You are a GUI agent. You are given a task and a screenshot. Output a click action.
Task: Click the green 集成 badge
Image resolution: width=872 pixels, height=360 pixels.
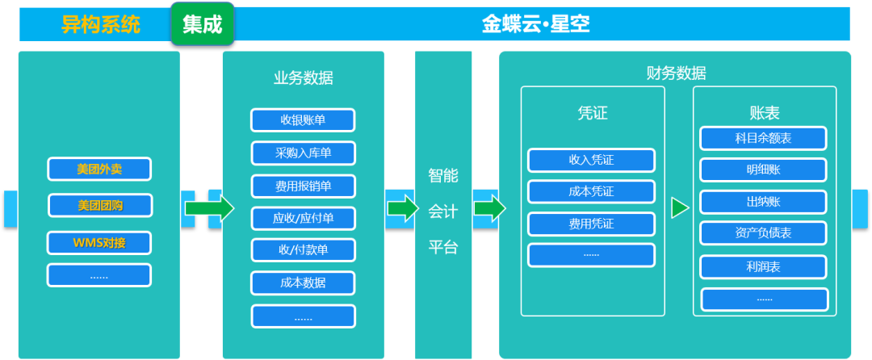(x=202, y=24)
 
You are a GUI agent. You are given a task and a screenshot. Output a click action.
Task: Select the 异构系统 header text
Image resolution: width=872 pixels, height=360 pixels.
(x=101, y=24)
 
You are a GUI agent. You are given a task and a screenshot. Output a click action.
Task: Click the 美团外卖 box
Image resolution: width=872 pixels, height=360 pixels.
(x=99, y=170)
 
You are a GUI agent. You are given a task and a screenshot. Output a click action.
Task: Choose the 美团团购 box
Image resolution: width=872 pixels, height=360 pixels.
(x=99, y=205)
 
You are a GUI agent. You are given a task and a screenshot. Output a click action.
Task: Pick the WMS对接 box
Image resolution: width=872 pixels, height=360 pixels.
(x=99, y=242)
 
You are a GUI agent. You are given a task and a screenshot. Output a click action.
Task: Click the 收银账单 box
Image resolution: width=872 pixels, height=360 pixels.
(x=303, y=119)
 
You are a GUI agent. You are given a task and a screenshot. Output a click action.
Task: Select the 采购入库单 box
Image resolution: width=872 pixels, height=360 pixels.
(x=303, y=153)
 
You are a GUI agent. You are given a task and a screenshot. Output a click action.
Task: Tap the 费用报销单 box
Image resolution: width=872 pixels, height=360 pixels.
(x=303, y=186)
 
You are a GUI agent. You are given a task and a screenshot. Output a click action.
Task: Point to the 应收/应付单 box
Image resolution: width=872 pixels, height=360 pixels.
(x=303, y=217)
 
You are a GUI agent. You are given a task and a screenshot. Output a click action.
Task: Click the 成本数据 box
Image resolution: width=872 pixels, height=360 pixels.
(x=303, y=283)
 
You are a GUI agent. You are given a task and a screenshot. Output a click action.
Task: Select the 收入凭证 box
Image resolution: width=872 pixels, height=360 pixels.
(x=591, y=160)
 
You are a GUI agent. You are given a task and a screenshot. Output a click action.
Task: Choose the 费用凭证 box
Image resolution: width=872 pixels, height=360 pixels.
(x=591, y=224)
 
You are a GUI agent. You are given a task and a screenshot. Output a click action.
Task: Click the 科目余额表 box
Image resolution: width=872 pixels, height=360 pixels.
(x=763, y=138)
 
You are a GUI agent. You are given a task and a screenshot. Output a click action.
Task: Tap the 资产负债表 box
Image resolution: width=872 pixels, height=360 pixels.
(x=763, y=233)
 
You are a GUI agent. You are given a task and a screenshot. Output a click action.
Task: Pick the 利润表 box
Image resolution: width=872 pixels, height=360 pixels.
(x=763, y=266)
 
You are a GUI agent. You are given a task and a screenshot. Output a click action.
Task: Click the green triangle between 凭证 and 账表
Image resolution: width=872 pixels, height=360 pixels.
(x=680, y=208)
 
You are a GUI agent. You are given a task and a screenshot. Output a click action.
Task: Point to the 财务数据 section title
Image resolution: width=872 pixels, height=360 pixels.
(x=676, y=73)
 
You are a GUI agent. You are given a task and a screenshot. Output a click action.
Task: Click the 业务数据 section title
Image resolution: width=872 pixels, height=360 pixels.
(x=303, y=77)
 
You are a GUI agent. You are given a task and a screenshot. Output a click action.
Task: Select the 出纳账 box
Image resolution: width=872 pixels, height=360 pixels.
(x=763, y=202)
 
